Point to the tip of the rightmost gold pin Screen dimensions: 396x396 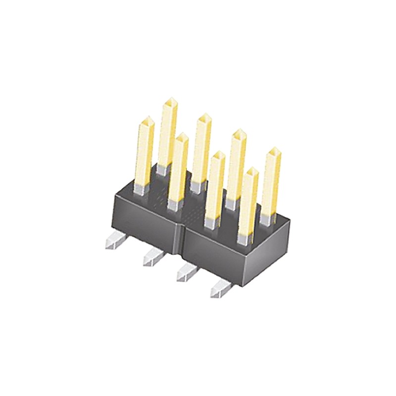coord(273,151)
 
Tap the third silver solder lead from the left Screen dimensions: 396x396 coord(185,273)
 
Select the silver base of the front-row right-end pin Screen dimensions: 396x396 coord(244,239)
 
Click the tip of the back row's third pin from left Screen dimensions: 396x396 coord(240,133)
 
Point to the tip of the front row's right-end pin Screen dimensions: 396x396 coord(252,172)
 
